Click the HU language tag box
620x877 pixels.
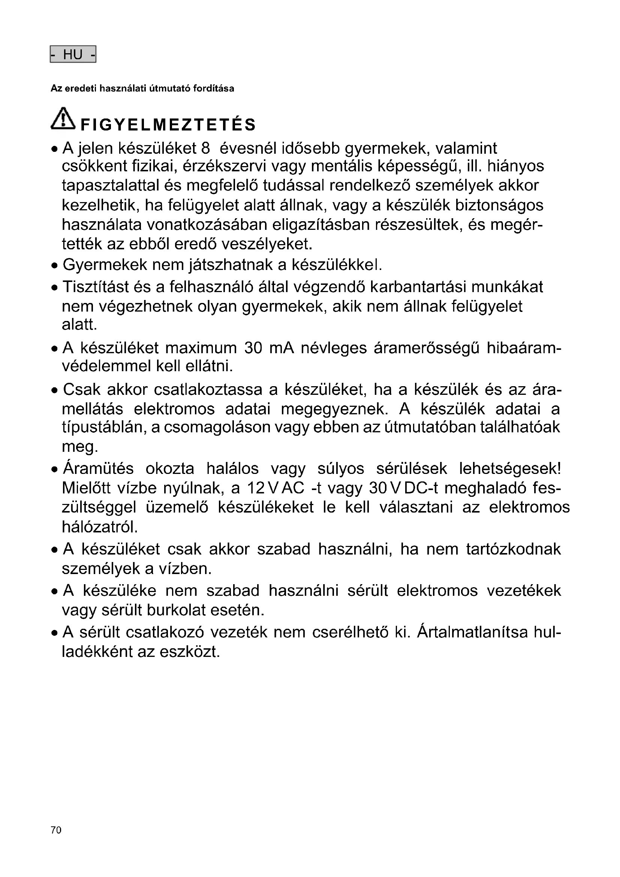73,54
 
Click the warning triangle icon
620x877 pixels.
63,118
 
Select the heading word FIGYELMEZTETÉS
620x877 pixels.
168,125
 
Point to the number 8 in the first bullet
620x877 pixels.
205,148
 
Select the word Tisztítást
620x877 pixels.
96,287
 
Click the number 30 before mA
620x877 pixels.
253,348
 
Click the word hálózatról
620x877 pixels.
100,527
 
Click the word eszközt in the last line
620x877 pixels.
190,652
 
